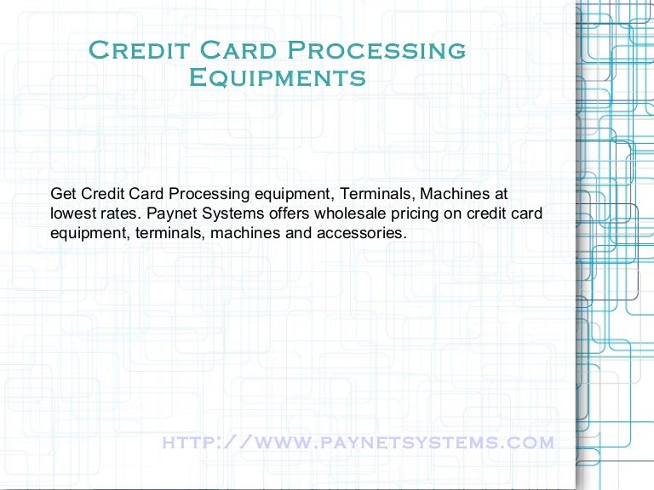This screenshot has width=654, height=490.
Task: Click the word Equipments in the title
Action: pyautogui.click(x=277, y=78)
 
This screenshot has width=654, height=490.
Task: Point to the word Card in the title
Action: pyautogui.click(x=229, y=50)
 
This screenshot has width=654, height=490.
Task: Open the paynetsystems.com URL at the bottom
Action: pyautogui.click(x=358, y=442)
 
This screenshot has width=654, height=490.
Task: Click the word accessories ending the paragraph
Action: pyautogui.click(x=358, y=231)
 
